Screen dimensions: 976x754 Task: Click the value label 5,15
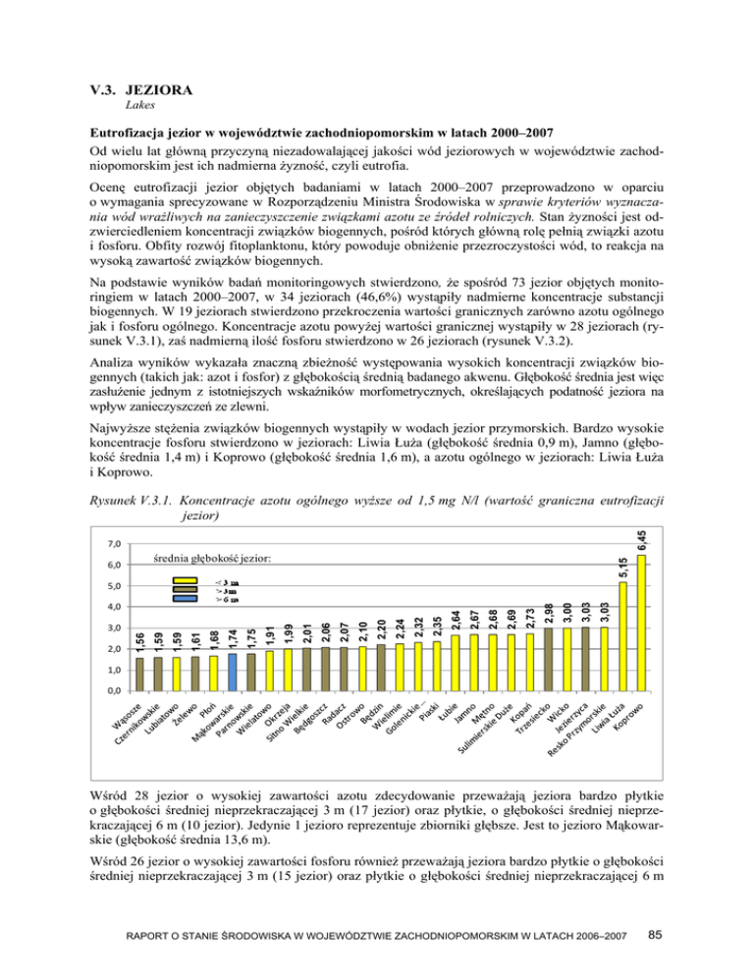(x=622, y=567)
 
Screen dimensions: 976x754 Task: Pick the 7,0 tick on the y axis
(x=115, y=544)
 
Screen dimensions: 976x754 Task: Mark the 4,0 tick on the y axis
(x=115, y=609)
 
